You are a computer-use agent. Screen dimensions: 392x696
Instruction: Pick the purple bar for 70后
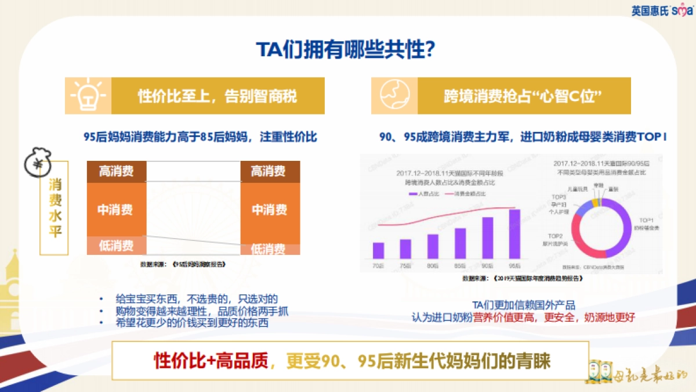(x=378, y=250)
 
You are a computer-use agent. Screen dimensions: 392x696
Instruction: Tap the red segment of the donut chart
(x=586, y=244)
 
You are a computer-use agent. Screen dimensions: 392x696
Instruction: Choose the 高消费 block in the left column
(x=116, y=171)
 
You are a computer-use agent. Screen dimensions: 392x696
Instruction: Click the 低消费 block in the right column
(x=268, y=249)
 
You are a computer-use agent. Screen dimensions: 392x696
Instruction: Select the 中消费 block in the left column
(x=116, y=209)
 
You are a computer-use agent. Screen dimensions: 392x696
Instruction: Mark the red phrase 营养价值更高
(x=507, y=317)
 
